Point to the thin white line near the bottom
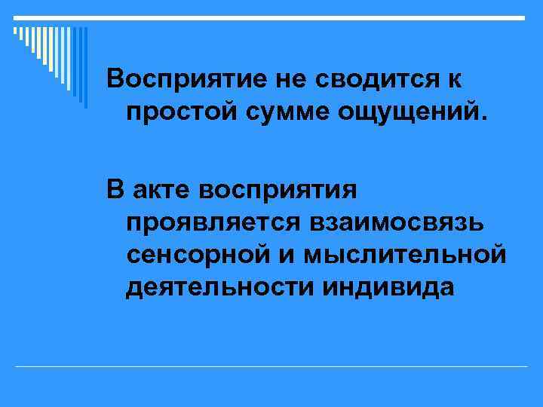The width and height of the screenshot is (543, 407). [271, 366]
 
